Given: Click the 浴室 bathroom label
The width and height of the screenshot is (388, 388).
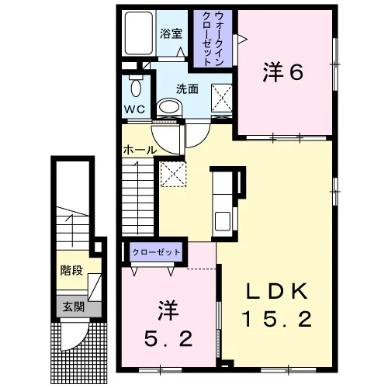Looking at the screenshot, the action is tap(171, 33).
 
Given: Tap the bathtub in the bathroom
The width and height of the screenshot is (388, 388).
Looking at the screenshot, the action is tap(139, 33).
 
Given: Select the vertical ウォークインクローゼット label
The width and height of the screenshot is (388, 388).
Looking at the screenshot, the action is tap(213, 39).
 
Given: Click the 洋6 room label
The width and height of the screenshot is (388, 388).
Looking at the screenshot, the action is tap(283, 73).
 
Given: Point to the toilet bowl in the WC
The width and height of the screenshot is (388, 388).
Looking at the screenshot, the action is tap(136, 88).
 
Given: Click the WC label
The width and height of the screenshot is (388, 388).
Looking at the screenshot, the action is tap(134, 109).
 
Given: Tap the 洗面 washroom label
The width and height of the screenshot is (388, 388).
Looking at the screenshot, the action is tap(187, 89).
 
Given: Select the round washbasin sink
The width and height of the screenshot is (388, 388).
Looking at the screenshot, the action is tap(169, 106).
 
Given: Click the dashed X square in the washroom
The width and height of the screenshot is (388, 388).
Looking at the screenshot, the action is tap(221, 98).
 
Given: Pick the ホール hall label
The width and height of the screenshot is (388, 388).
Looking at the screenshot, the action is tap(140, 150).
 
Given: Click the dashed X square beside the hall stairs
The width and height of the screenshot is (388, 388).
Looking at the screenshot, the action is tap(173, 174).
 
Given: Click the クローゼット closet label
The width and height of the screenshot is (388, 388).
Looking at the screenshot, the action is tap(156, 252).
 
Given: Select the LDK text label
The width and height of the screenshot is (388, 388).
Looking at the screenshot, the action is tap(277, 291).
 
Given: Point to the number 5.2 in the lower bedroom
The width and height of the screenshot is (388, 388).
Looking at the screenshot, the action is tap(168, 338).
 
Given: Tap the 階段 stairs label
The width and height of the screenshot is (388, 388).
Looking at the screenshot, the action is tap(71, 271).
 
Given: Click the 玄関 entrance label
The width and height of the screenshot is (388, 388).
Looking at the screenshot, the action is tap(74, 307).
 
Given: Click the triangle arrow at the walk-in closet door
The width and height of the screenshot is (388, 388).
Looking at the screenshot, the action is tap(242, 40).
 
